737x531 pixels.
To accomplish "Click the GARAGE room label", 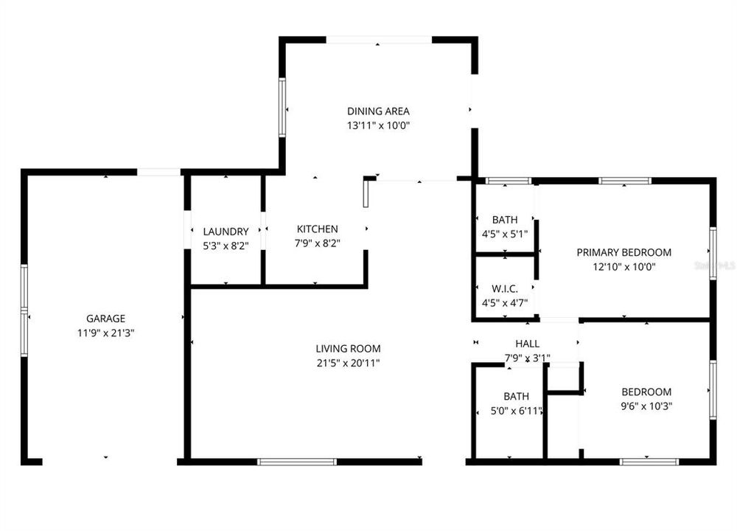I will coord(105,319).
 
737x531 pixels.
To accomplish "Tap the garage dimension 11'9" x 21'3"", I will coord(105,333).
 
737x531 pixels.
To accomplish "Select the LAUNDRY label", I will coord(226,232).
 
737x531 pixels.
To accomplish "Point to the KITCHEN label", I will coord(317,229).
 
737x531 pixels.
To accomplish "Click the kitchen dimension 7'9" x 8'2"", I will coord(317,243).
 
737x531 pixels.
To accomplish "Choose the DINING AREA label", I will coord(378,111).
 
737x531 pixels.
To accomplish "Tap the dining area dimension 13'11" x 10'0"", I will coord(378,125).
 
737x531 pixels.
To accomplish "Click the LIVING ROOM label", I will coord(348,349).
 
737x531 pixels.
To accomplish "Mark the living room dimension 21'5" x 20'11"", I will coord(348,363).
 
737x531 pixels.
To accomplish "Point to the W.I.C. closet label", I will coord(505,288).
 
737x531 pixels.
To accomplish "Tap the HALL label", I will coord(527,344).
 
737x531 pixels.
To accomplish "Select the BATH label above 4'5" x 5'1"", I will coord(505,220).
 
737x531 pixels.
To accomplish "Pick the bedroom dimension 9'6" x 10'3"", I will coord(646,406).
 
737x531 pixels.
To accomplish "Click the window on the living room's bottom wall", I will coord(297,462).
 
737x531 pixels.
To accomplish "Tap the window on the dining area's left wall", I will coord(282,108).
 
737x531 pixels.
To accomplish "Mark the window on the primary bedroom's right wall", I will coord(713,253).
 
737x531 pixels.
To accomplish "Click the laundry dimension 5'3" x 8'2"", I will coord(226,246).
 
